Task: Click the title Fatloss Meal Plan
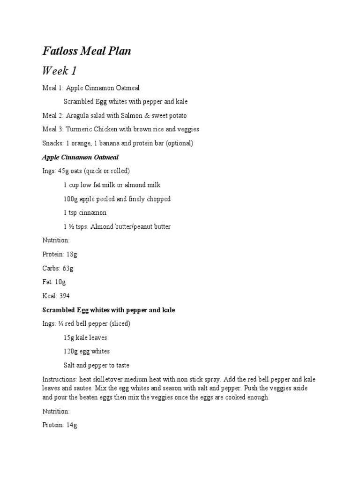[87, 51]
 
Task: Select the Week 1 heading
[60, 71]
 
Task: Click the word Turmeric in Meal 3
[81, 129]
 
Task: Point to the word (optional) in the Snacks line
[177, 143]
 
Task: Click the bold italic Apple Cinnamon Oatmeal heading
[81, 157]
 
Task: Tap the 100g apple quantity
[71, 199]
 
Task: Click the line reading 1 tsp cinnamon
[85, 213]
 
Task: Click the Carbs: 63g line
[58, 268]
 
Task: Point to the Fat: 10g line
[54, 282]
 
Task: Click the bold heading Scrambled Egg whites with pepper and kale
[109, 310]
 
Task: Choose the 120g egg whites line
[87, 351]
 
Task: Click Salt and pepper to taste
[97, 365]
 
